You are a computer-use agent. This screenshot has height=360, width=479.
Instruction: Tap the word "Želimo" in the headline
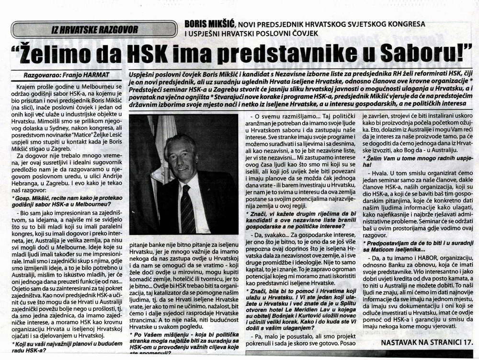58,55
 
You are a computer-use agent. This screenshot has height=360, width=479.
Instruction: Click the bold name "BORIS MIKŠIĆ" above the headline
208,23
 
